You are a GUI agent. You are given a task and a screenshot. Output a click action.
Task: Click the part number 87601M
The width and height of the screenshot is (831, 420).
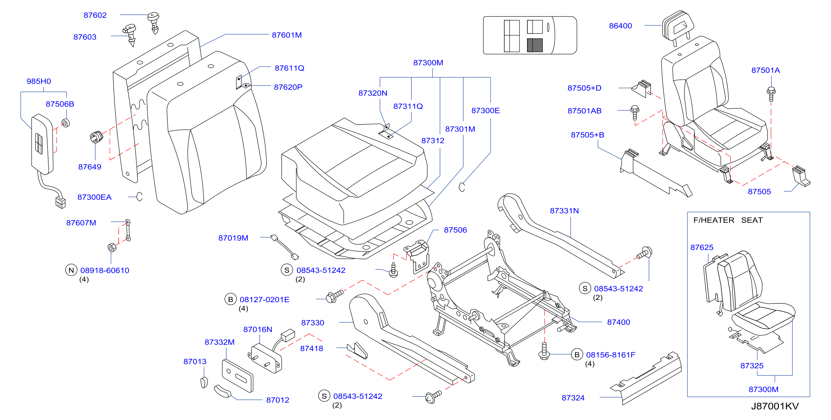click(287, 35)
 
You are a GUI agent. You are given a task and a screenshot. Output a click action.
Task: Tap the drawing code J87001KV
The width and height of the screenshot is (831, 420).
click(775, 406)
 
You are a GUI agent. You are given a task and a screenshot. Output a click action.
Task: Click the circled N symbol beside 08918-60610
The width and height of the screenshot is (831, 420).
click(71, 270)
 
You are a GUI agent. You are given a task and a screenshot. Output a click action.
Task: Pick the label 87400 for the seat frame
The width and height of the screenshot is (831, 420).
click(618, 322)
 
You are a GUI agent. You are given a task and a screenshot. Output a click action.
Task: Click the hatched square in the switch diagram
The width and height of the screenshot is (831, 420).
click(535, 45)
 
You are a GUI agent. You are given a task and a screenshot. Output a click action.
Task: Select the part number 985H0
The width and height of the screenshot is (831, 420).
click(39, 81)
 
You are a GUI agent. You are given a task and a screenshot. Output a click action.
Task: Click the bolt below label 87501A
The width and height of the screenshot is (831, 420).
click(771, 94)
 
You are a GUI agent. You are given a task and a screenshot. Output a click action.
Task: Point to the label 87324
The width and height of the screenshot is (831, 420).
click(573, 398)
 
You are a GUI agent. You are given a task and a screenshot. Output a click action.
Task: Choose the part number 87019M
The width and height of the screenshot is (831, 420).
click(233, 238)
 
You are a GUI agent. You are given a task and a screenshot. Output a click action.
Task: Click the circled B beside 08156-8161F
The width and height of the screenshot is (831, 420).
click(577, 355)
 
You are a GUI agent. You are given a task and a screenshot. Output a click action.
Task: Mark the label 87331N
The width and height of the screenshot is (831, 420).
click(564, 211)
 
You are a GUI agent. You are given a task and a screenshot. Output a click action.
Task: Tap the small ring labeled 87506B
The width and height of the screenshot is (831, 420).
click(66, 123)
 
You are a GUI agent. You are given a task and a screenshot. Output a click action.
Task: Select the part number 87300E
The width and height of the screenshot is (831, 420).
click(486, 111)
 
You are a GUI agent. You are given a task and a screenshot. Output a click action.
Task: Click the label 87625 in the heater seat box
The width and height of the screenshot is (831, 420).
click(702, 247)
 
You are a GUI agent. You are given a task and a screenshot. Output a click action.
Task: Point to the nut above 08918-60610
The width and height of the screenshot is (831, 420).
click(112, 248)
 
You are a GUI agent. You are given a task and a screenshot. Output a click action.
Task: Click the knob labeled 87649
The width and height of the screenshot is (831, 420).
click(96, 137)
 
